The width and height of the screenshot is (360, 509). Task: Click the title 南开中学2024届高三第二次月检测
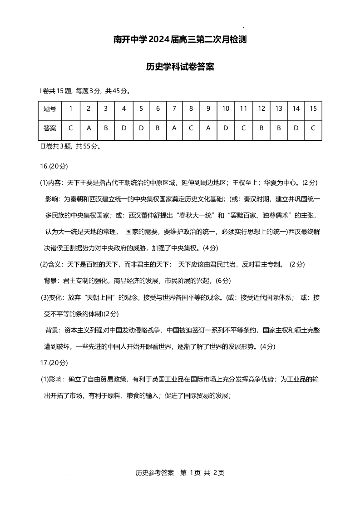[x=180, y=40]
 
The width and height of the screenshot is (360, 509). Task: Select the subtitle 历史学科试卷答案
[x=180, y=67]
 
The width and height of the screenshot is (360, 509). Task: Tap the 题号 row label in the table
[x=50, y=109]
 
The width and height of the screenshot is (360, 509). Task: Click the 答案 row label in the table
[x=50, y=128]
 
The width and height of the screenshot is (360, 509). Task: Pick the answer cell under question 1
[x=70, y=128]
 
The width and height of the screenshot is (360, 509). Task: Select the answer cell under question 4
[x=123, y=128]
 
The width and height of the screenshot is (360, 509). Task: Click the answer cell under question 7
[x=174, y=128]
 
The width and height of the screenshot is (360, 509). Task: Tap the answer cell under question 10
[x=226, y=128]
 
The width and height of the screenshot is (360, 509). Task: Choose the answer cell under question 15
[x=313, y=128]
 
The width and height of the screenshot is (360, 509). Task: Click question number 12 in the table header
[x=261, y=109]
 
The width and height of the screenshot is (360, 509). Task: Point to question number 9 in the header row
[x=208, y=109]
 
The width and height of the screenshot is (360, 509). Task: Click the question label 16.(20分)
[x=54, y=166]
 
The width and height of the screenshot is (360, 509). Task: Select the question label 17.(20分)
[x=54, y=362]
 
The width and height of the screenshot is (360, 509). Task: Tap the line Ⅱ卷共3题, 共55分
[x=71, y=147]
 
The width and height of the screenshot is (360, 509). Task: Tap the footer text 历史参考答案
[x=155, y=473]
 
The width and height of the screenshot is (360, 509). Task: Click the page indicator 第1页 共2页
[x=202, y=473]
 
